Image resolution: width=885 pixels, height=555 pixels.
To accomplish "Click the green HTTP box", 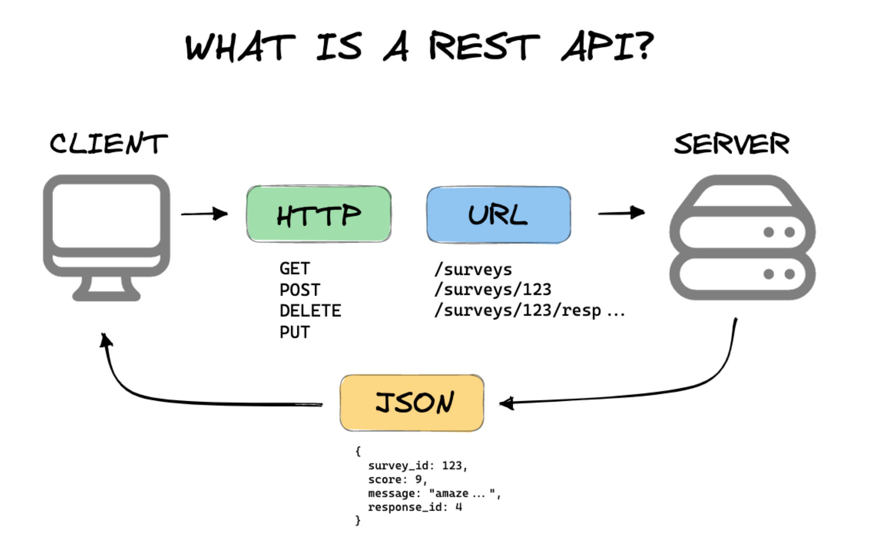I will (x=319, y=214).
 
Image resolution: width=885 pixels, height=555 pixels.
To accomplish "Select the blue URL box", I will (x=498, y=215).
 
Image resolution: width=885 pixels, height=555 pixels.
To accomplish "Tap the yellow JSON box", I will (x=412, y=402).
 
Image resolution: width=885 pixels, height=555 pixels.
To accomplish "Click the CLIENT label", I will (x=109, y=143).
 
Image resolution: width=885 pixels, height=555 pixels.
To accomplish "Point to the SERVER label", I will (x=732, y=144).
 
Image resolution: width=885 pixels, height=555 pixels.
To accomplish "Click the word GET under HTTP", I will (x=294, y=269).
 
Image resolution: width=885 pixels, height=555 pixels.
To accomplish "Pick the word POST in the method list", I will (x=300, y=290).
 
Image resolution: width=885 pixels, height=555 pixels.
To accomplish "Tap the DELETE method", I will (x=310, y=311).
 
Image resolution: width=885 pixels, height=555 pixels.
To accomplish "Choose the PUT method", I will (x=294, y=332).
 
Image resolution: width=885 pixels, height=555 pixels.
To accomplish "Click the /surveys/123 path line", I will (x=493, y=290).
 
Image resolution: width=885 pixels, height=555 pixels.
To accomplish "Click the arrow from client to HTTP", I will (x=204, y=214).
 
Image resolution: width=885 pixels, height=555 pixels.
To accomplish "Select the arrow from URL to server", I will (x=621, y=213).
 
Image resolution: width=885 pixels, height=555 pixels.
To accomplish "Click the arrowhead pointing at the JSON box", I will (x=507, y=403).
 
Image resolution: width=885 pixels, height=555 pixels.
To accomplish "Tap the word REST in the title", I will (x=484, y=46).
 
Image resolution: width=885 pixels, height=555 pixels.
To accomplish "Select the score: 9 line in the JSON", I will (x=397, y=479).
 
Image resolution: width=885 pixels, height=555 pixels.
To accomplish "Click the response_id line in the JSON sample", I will (x=415, y=507).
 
